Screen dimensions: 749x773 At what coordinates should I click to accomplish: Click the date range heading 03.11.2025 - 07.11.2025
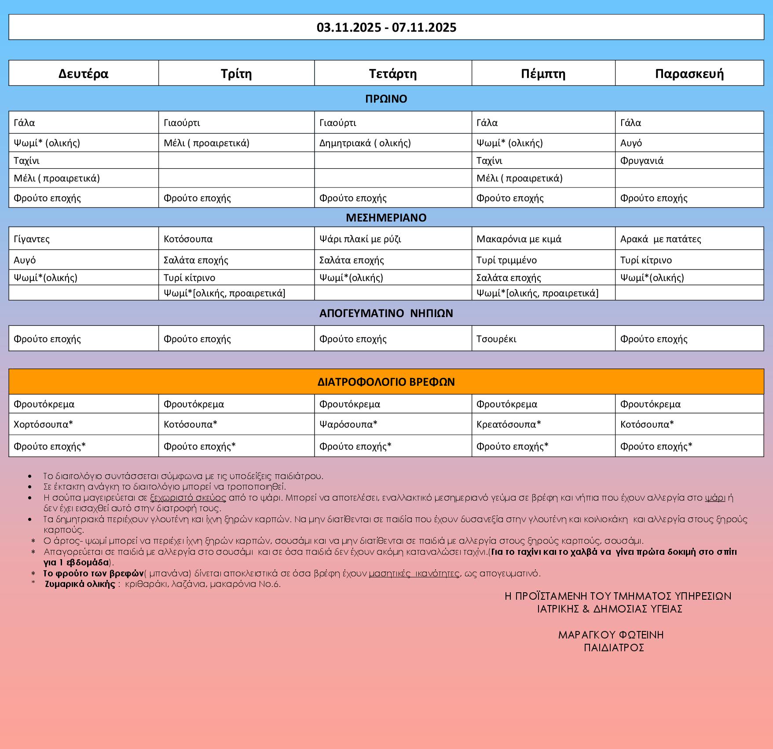[x=386, y=28]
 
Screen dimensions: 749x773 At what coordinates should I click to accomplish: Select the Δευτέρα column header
[x=83, y=73]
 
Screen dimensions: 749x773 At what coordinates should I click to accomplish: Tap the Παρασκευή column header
[x=689, y=73]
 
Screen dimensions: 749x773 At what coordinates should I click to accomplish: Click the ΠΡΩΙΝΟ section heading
[x=386, y=99]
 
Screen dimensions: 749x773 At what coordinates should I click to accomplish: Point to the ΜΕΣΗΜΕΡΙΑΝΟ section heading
[x=386, y=218]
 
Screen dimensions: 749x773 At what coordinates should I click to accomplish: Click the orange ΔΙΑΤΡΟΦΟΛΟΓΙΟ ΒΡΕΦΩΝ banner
[x=386, y=382]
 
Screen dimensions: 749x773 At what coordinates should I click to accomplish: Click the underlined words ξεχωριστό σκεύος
[x=188, y=498]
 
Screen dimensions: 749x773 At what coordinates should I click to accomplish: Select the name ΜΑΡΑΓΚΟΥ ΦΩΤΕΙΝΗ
[x=611, y=635]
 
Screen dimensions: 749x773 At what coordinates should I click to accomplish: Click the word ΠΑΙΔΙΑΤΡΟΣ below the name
[x=614, y=647]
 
